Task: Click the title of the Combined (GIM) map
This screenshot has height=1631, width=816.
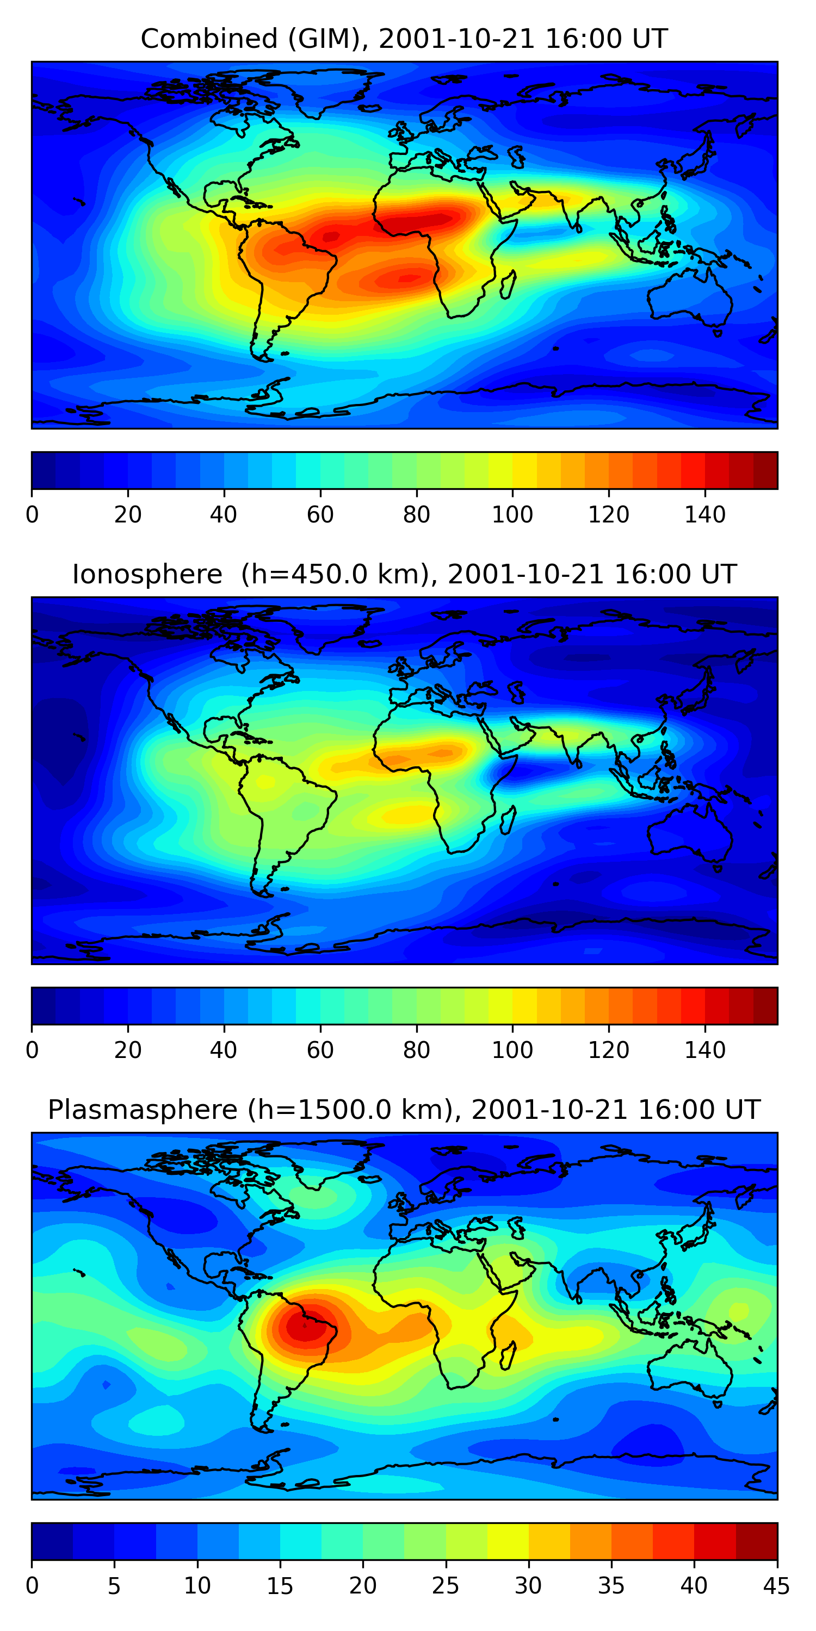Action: point(404,39)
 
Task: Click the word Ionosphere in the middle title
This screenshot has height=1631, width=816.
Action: point(147,574)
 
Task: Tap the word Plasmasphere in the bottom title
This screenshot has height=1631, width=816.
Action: point(143,1110)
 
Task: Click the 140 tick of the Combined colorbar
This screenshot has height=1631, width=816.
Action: point(704,514)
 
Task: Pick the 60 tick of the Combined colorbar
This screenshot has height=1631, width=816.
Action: point(320,514)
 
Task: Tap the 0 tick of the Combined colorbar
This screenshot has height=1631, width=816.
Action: point(32,514)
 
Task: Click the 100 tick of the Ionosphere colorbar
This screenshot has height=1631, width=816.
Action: point(512,1050)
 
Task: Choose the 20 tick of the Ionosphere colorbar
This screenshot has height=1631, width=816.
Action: point(128,1050)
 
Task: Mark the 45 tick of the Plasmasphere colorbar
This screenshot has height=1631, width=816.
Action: point(777,1585)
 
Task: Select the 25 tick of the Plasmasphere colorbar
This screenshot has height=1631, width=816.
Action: point(446,1585)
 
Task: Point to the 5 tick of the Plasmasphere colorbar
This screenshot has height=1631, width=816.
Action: point(114,1585)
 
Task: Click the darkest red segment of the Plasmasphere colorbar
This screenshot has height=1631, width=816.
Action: point(757,1541)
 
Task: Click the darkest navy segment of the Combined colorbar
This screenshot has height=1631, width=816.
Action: point(44,470)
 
